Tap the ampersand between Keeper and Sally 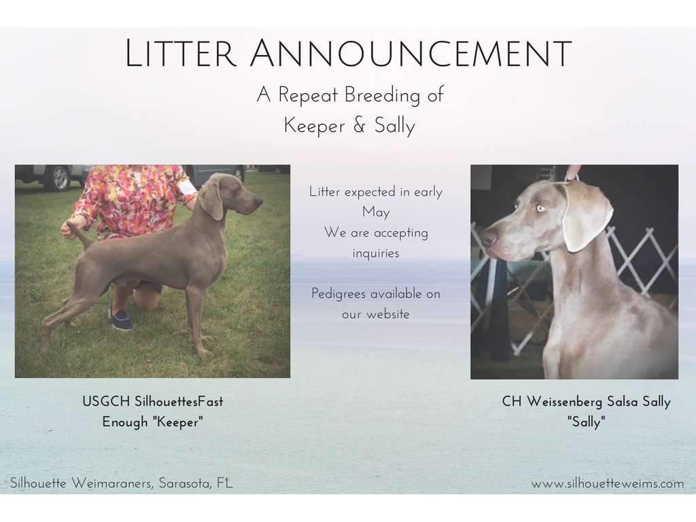point(360,126)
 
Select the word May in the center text point(376,213)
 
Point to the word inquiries point(376,254)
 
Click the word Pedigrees point(338,294)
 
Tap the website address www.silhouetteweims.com point(608,483)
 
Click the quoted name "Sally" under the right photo point(587,421)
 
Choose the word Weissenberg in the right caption point(564,402)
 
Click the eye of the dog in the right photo point(540,208)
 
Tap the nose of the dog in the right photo point(489,237)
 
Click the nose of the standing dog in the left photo point(260,202)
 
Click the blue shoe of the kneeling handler point(121,318)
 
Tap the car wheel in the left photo point(60,177)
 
